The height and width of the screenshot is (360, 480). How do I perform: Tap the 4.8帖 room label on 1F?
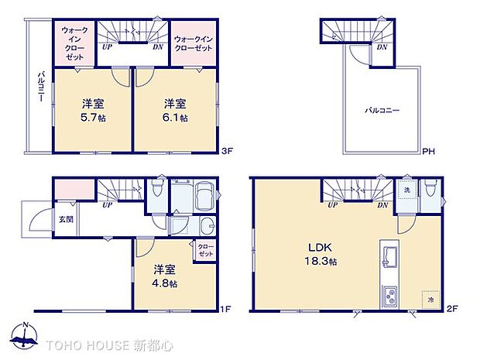point(164,276)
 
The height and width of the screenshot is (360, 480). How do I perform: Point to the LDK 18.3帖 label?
point(315,255)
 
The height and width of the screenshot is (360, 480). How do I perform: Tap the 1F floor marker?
point(225,310)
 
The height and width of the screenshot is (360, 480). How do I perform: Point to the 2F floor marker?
point(453,310)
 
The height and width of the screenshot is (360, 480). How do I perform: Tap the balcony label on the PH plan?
point(382,111)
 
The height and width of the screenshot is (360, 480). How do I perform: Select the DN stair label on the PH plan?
point(382,46)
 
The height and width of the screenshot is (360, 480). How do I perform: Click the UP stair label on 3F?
point(105,46)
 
